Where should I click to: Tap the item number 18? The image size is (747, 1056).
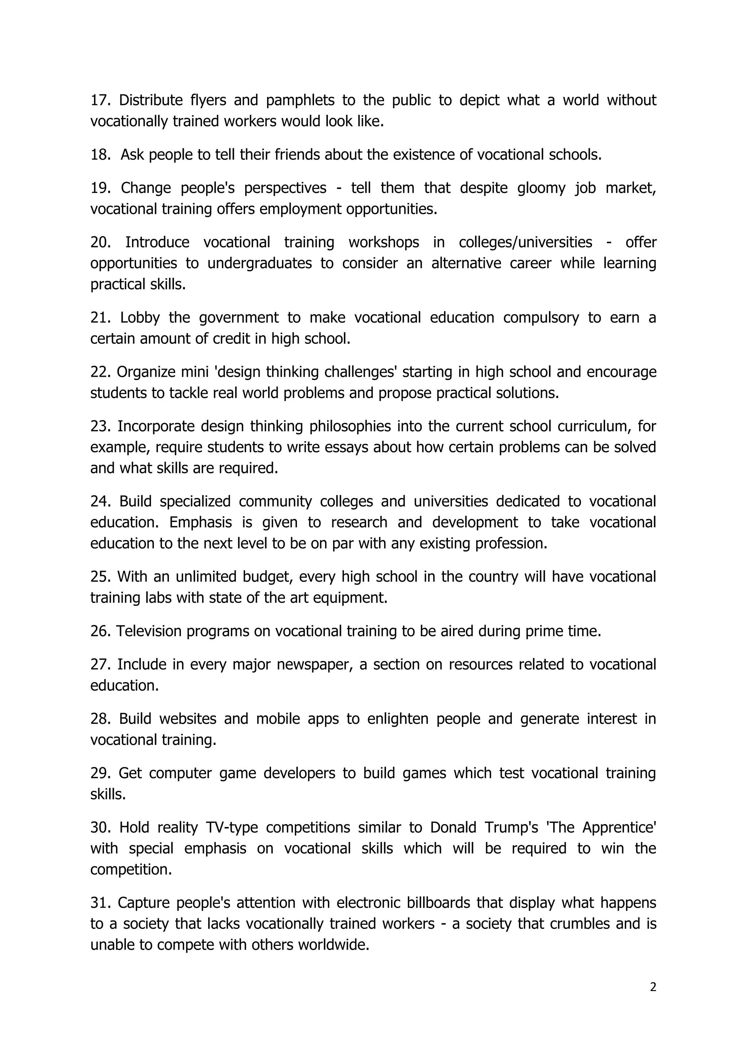click(x=100, y=155)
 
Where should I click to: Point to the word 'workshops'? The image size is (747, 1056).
click(x=384, y=242)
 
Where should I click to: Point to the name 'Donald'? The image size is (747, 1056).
click(x=453, y=827)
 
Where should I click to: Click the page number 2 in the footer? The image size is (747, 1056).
click(x=653, y=1000)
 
